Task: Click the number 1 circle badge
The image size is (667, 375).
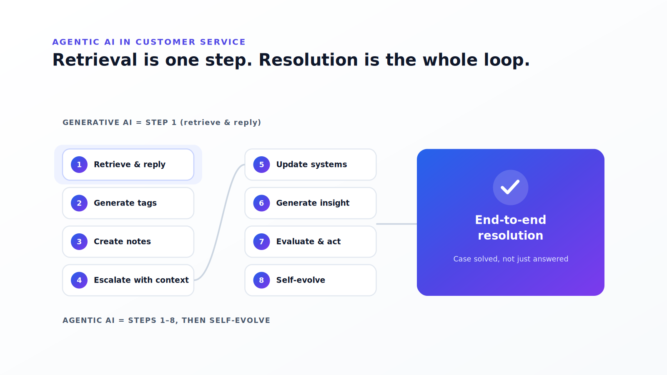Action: (79, 165)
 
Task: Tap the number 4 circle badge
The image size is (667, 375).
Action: (79, 280)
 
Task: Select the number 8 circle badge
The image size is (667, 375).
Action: (261, 280)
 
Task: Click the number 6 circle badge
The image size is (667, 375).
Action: (261, 203)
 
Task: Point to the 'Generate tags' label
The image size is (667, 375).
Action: (125, 203)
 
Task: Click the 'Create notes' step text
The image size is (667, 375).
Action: (122, 241)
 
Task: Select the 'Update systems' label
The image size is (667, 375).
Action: (311, 165)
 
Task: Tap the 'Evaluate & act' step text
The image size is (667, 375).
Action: (308, 241)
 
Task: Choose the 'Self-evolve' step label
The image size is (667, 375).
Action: (301, 280)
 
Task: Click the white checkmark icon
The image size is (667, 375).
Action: (510, 187)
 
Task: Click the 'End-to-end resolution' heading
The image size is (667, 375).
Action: (510, 227)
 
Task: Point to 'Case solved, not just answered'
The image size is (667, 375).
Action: (510, 259)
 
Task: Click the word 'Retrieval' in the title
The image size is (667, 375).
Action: (95, 60)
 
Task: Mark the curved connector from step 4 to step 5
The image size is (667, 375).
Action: (220, 222)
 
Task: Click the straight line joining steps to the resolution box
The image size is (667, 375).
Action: (396, 224)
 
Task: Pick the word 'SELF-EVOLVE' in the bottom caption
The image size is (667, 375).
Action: (240, 320)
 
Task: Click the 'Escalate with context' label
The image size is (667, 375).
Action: (141, 280)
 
